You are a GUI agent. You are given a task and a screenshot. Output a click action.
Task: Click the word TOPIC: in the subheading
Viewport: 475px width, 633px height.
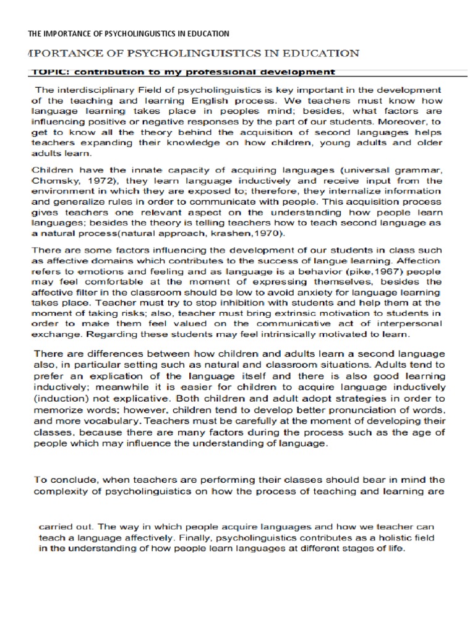click(48, 72)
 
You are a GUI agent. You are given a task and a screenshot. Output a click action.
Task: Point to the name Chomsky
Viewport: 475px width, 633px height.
click(53, 181)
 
